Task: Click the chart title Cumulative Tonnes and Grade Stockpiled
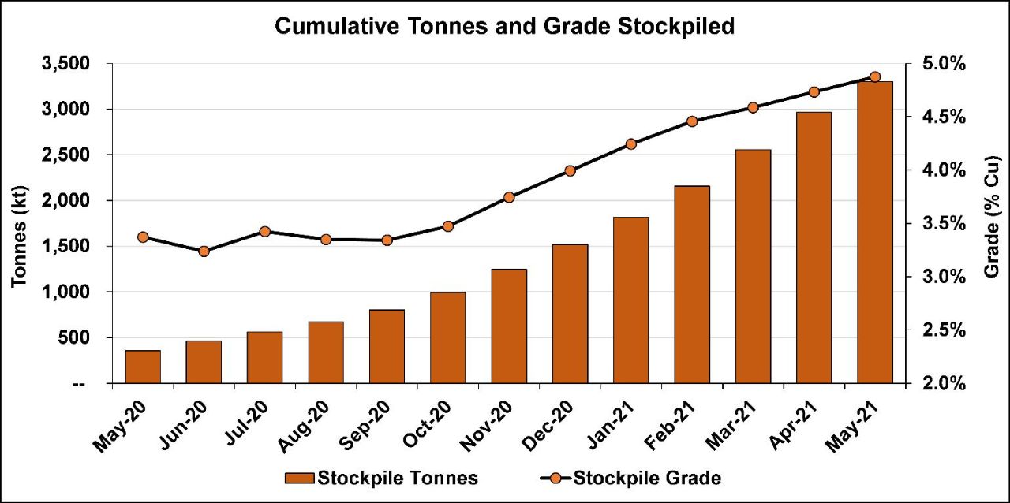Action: (x=504, y=27)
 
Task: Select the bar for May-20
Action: (x=143, y=367)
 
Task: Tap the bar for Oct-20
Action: (x=447, y=337)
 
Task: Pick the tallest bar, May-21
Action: (x=874, y=233)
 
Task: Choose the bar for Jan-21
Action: (x=630, y=300)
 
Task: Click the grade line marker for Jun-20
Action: (x=204, y=251)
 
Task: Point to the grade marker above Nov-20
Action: (x=509, y=197)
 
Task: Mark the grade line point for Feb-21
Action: (x=692, y=121)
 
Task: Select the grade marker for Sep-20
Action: (x=387, y=240)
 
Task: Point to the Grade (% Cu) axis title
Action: (x=993, y=223)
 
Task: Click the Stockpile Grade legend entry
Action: (x=631, y=478)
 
